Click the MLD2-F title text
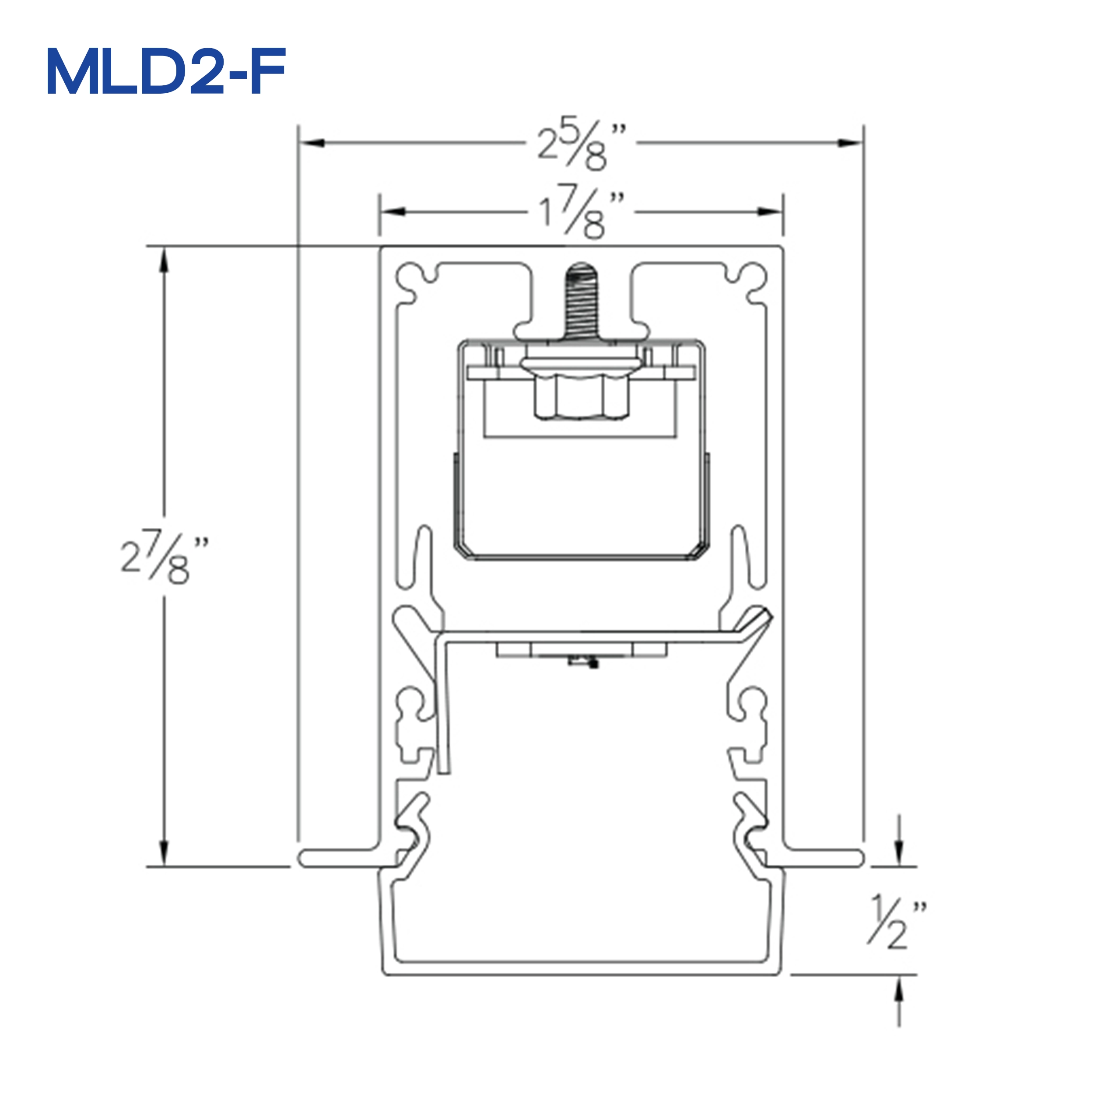pyautogui.click(x=166, y=72)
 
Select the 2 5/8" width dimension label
pyautogui.click(x=580, y=143)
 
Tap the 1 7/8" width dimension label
pyautogui.click(x=580, y=212)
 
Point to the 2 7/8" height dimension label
pyautogui.click(x=164, y=557)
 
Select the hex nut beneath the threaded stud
pyautogui.click(x=581, y=397)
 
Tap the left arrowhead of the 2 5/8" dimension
pyautogui.click(x=312, y=143)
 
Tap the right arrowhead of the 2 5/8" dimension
pyautogui.click(x=849, y=143)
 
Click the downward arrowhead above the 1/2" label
pyautogui.click(x=899, y=854)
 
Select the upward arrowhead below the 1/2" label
pyautogui.click(x=899, y=988)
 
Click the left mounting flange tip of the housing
pyautogui.click(x=304, y=859)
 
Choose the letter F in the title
pyautogui.click(x=267, y=72)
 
